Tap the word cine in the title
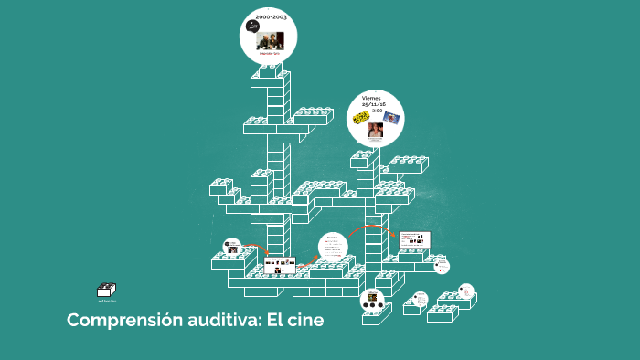304,321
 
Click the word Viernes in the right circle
371,97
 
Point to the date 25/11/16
374,104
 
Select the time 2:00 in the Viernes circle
377,111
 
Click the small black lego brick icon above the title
107,291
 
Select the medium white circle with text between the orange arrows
333,246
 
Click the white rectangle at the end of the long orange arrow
414,239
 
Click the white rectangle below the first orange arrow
280,266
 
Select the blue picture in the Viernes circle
392,118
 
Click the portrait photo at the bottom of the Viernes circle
375,130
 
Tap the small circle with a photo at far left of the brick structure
231,247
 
